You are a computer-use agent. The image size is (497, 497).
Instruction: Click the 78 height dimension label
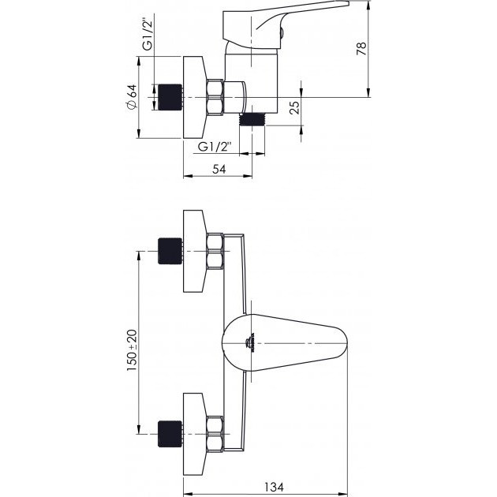[361, 48]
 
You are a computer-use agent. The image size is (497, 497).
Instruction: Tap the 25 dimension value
[294, 107]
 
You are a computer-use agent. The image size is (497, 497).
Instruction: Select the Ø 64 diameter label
[132, 97]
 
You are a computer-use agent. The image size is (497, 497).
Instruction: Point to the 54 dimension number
[219, 170]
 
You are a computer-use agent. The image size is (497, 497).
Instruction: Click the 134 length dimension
[275, 487]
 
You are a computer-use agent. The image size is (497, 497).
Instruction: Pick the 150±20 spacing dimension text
[132, 350]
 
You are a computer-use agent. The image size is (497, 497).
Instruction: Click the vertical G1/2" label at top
[148, 35]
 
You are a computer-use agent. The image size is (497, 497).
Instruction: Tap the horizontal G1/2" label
[215, 147]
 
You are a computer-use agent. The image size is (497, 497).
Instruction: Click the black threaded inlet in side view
[170, 97]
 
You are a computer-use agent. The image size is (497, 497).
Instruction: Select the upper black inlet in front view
[170, 251]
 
